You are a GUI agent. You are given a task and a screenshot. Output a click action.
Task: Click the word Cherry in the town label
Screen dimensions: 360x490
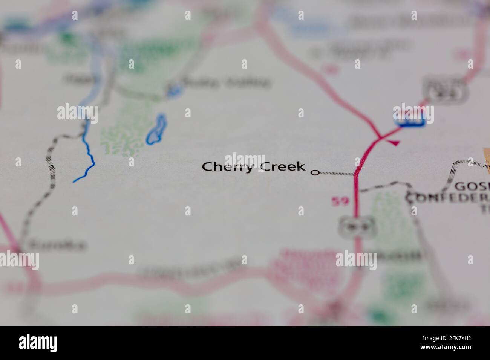(227, 167)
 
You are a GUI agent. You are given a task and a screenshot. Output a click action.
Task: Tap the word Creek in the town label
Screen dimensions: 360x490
(282, 166)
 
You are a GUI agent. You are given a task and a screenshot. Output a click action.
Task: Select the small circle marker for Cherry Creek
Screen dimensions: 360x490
(314, 173)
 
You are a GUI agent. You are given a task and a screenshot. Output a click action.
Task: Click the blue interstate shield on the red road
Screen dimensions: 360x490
(410, 120)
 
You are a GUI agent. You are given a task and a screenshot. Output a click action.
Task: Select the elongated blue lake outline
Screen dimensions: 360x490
(156, 130)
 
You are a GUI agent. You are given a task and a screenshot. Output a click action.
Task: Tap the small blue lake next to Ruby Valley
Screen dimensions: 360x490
(174, 90)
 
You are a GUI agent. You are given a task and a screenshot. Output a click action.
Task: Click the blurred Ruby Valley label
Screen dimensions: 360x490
(226, 82)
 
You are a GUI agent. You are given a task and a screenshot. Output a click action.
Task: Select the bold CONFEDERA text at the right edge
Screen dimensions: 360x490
(449, 197)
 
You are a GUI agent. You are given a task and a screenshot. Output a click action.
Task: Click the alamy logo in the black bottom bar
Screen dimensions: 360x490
(38, 343)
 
